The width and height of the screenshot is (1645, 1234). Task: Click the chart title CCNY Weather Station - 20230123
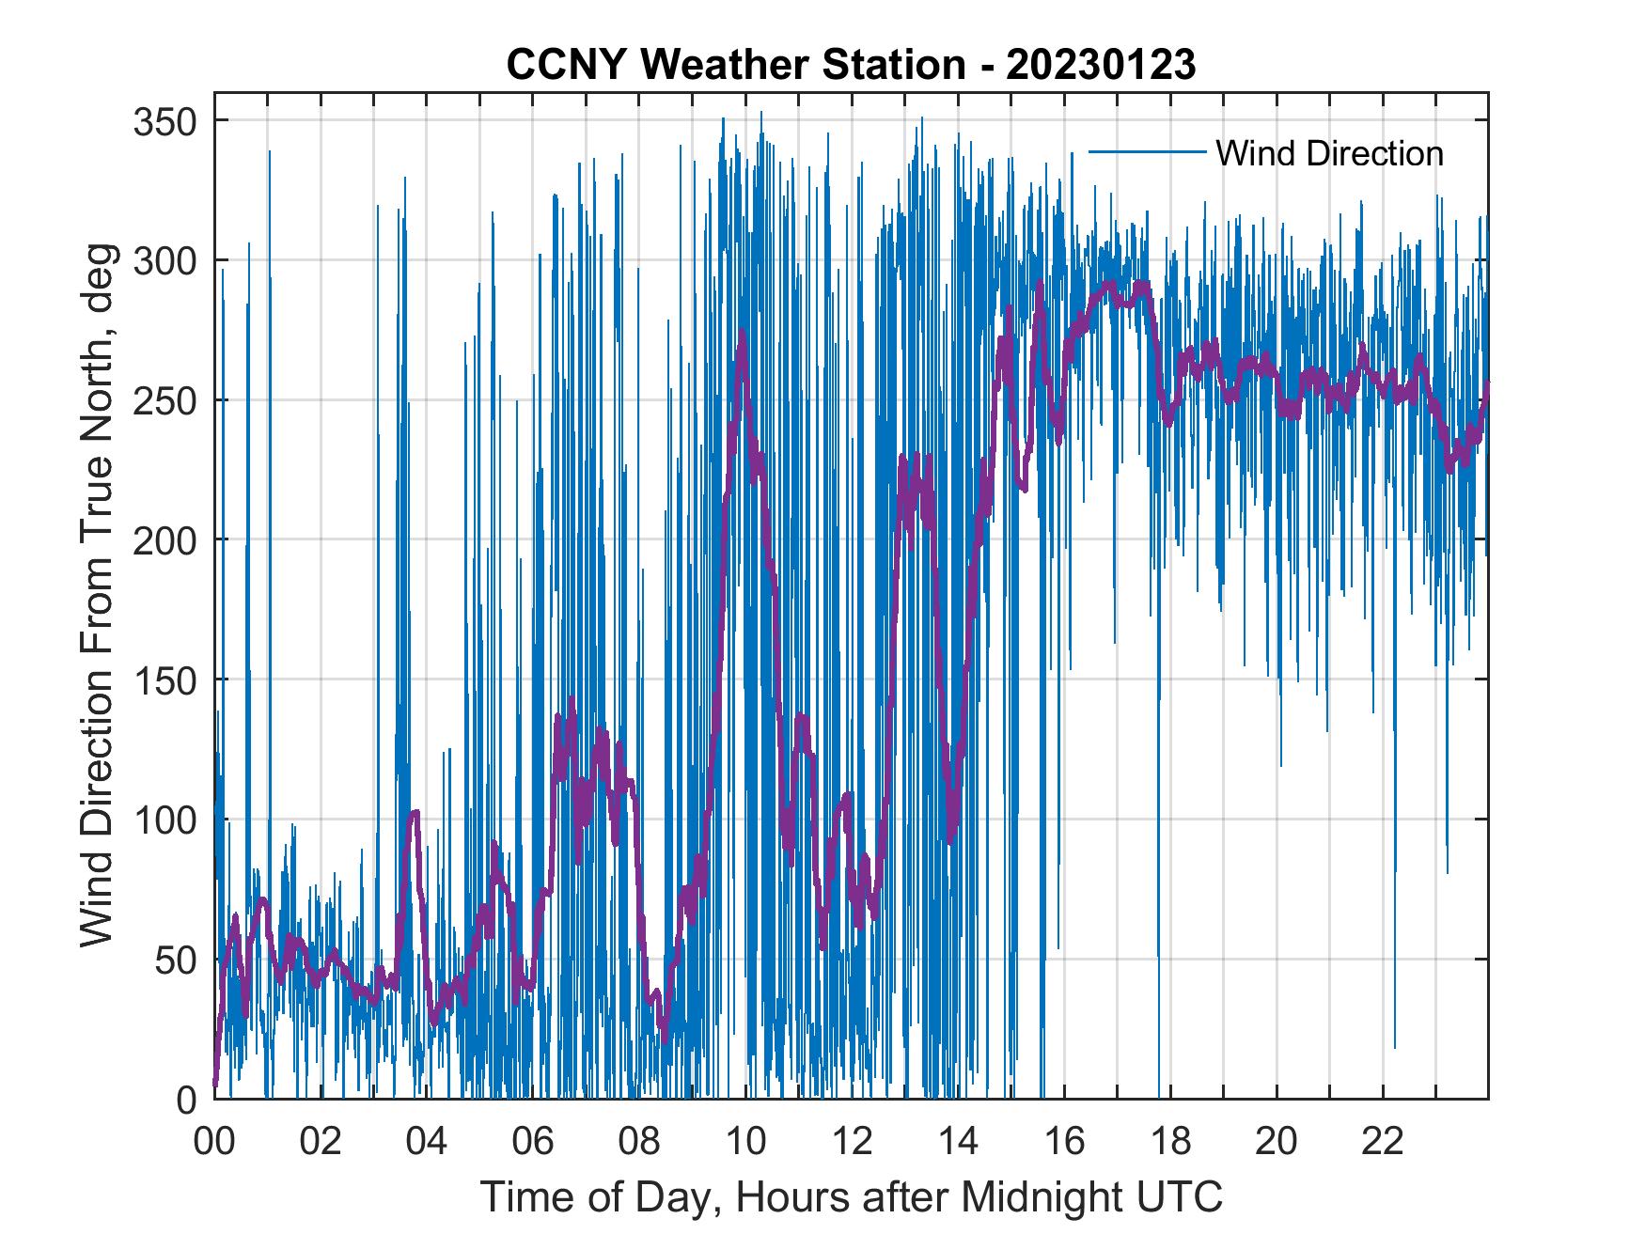(851, 65)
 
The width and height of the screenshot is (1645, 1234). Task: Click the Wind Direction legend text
(1329, 153)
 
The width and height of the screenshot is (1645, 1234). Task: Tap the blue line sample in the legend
(1146, 152)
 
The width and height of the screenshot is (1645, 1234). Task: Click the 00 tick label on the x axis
(214, 1142)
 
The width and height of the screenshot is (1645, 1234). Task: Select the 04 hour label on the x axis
(427, 1142)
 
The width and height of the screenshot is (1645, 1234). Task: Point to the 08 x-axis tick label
(639, 1142)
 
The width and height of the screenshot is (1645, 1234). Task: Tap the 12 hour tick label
(852, 1142)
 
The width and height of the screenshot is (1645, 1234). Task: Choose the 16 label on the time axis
(1064, 1142)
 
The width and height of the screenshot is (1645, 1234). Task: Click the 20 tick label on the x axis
(1277, 1142)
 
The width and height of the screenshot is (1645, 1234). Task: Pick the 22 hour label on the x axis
(1383, 1142)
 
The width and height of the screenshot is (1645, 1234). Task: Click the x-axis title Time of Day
(851, 1197)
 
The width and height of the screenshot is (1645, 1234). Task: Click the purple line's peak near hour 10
(743, 332)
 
